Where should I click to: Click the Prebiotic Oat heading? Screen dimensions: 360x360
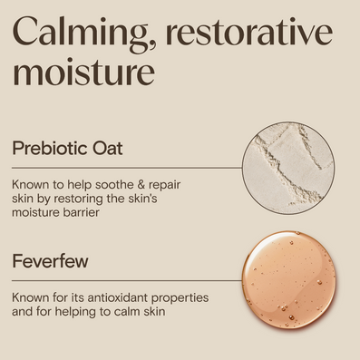coord(67,148)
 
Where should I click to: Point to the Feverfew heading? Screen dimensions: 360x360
coord(50,261)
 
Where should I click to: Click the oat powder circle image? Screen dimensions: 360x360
coord(288,169)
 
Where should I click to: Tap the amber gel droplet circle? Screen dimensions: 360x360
coord(289,280)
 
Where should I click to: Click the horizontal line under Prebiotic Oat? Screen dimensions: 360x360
coord(127,168)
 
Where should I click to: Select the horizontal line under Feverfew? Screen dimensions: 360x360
coord(127,280)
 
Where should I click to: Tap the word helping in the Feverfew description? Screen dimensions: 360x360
coord(78,313)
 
